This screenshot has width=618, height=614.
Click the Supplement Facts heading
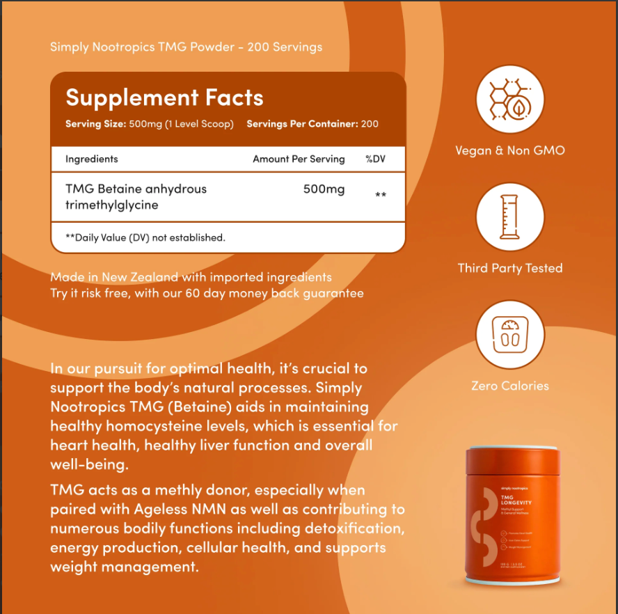click(164, 97)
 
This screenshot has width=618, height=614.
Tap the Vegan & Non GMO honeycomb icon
click(509, 99)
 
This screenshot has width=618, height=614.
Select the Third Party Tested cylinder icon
click(509, 217)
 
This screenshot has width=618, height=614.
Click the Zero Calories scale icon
click(509, 334)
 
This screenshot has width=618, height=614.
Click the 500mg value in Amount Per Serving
click(324, 189)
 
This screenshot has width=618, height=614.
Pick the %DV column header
click(375, 159)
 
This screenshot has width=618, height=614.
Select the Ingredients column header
click(91, 159)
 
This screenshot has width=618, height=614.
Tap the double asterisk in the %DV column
click(381, 196)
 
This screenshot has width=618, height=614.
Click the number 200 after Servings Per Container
click(370, 124)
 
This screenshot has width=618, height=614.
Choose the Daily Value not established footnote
click(145, 237)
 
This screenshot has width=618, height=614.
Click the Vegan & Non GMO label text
click(509, 150)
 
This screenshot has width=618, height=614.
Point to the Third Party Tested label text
click(509, 268)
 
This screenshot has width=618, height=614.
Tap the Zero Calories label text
click(509, 386)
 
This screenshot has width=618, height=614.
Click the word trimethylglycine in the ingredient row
click(111, 205)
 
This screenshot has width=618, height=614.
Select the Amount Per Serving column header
click(299, 159)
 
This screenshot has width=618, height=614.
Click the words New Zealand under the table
click(140, 277)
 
